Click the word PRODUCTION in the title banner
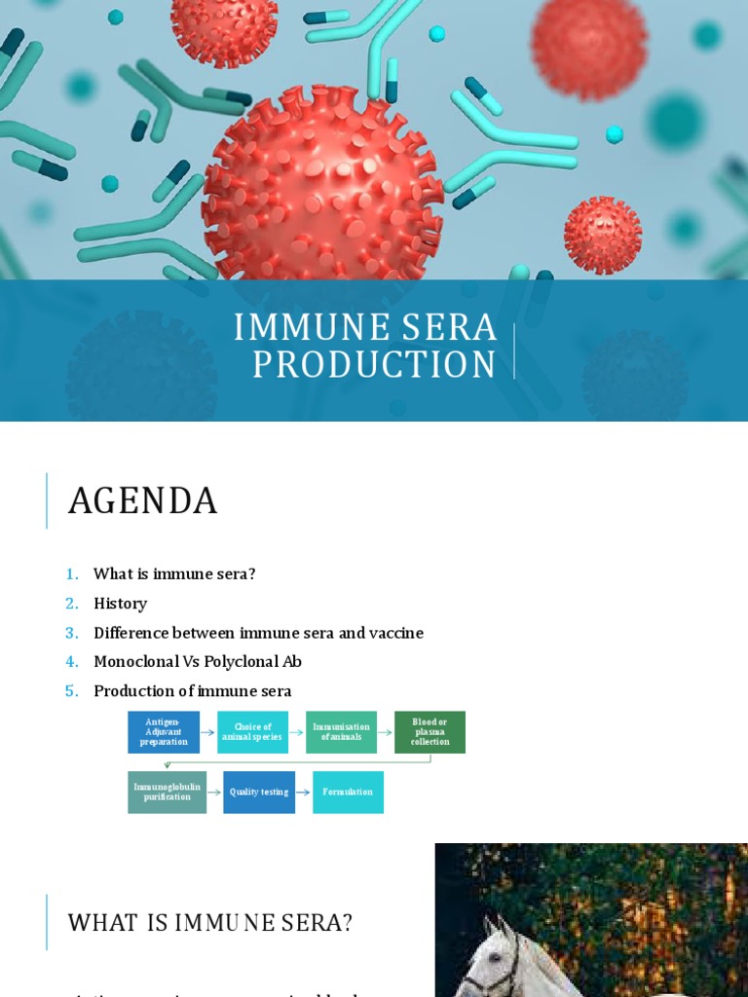pyautogui.click(x=375, y=365)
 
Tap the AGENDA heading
pyautogui.click(x=142, y=501)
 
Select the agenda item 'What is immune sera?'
pyautogui.click(x=174, y=574)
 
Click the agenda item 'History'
pyautogui.click(x=120, y=604)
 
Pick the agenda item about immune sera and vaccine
pyautogui.click(x=258, y=633)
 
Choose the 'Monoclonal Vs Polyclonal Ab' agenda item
pyautogui.click(x=198, y=662)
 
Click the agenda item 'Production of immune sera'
pyautogui.click(x=192, y=691)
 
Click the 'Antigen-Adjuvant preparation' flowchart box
pyautogui.click(x=164, y=732)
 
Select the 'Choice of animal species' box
pyautogui.click(x=252, y=732)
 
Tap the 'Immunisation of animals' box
pyautogui.click(x=341, y=732)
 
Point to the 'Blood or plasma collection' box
pyautogui.click(x=430, y=732)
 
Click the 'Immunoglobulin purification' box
pyautogui.click(x=167, y=793)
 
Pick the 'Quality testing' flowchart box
pyautogui.click(x=259, y=793)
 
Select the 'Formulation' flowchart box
pyautogui.click(x=348, y=793)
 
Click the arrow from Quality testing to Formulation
pyautogui.click(x=304, y=793)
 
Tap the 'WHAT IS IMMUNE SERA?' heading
pyautogui.click(x=209, y=922)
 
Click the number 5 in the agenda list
pyautogui.click(x=71, y=691)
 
